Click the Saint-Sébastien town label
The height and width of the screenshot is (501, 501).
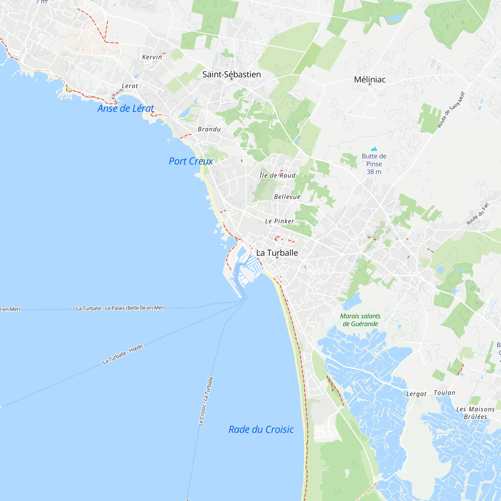click(231, 74)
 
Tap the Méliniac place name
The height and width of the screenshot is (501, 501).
click(370, 80)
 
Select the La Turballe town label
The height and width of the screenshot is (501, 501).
click(277, 253)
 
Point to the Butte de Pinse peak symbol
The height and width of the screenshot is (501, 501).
click(374, 149)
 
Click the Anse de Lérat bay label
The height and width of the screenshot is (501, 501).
click(126, 108)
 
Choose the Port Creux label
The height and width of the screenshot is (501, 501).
click(191, 161)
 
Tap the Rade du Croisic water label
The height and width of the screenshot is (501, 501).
click(261, 429)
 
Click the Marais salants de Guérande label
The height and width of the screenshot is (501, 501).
click(360, 320)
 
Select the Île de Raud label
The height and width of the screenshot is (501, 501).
click(278, 176)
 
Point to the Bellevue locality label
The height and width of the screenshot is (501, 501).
click(287, 197)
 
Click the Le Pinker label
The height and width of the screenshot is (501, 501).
click(280, 221)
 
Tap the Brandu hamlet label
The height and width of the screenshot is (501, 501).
click(209, 129)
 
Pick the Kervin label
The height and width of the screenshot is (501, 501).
click(152, 57)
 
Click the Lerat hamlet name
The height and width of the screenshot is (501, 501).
click(130, 86)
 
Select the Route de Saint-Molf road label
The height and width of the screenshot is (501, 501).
click(451, 110)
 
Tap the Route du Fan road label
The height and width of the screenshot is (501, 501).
click(478, 214)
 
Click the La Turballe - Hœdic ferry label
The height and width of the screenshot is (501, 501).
click(123, 354)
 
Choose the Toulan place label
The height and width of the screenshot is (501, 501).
click(444, 393)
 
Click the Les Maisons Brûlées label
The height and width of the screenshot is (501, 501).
click(475, 413)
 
